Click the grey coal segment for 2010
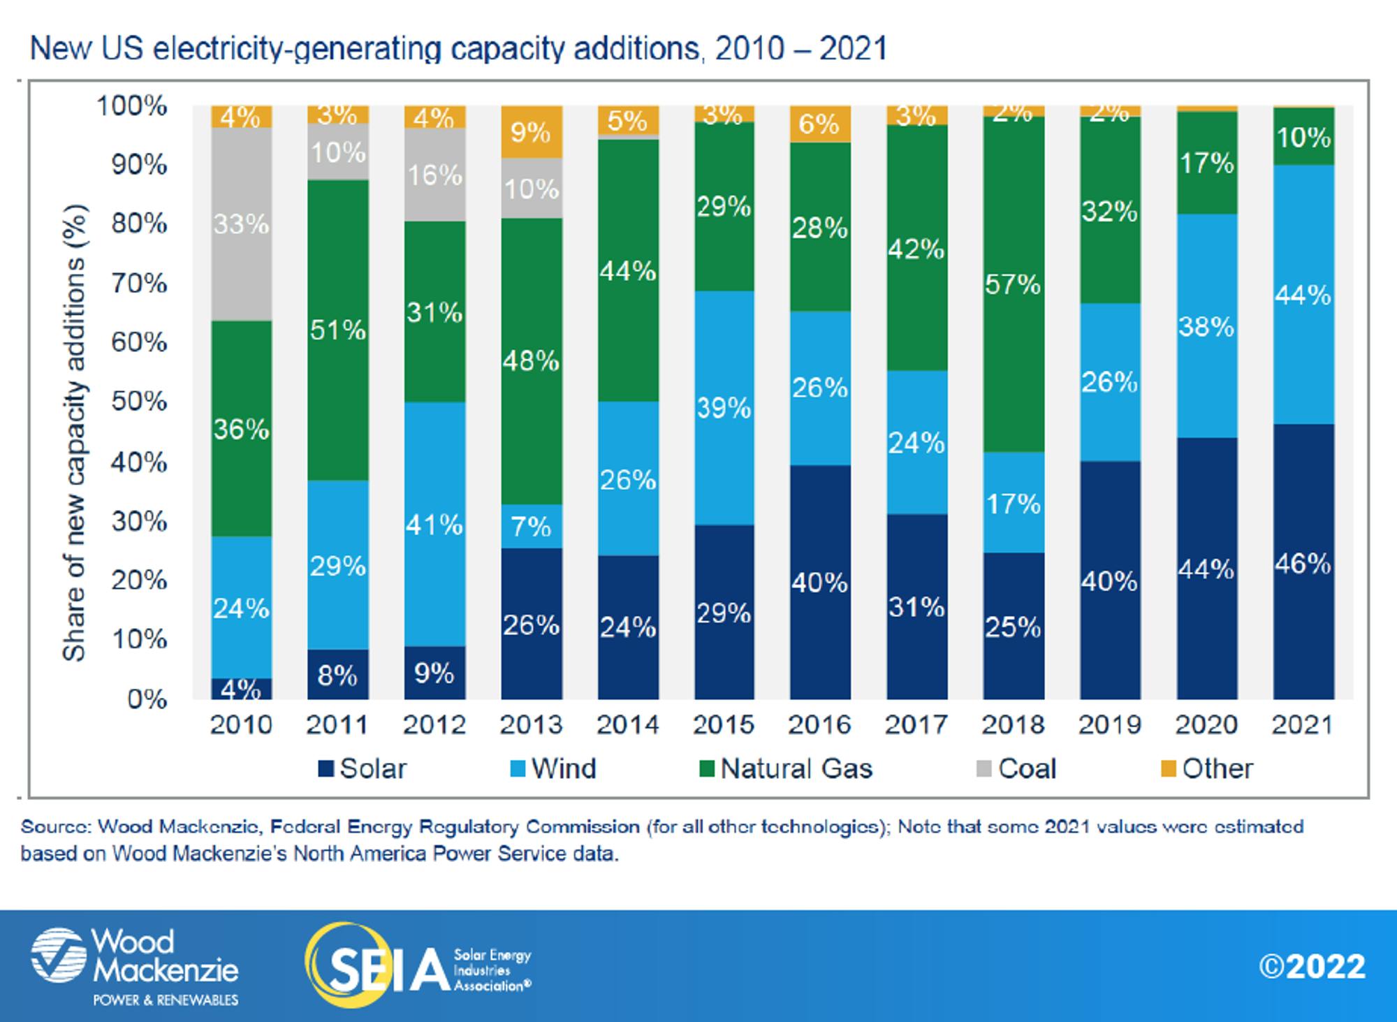point(241,224)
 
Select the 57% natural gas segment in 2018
point(1013,284)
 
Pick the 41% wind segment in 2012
point(434,524)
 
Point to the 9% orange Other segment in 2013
point(531,132)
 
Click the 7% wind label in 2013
point(531,527)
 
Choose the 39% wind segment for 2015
point(724,407)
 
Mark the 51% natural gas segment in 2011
point(338,330)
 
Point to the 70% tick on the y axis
point(140,283)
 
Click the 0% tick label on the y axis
point(147,699)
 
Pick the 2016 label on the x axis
point(819,725)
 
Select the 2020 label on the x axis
point(1206,725)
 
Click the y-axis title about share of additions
point(74,433)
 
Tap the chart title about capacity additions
point(458,49)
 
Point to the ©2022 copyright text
point(1312,967)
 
